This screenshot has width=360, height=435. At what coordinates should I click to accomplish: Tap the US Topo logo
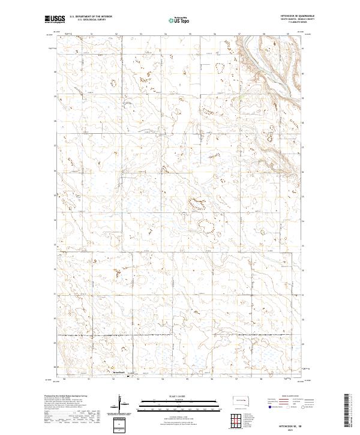180,19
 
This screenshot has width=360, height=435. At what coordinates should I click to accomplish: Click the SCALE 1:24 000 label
180,395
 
